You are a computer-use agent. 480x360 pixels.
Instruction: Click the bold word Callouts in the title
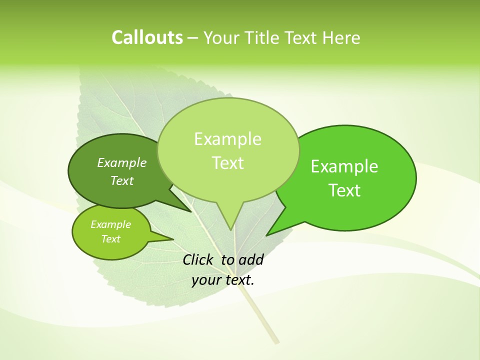(147, 37)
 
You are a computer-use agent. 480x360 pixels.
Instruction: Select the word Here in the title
(341, 37)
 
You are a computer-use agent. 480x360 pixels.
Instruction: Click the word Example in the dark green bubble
(122, 163)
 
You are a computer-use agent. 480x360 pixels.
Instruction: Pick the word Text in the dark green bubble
(122, 181)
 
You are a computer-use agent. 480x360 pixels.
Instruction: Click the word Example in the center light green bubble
(227, 139)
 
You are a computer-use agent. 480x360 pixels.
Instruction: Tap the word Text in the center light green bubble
(227, 163)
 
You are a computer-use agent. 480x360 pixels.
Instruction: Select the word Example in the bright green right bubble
(344, 166)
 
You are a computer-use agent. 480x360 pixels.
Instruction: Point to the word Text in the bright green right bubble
(344, 190)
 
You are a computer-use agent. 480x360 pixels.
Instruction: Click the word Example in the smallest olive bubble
(110, 224)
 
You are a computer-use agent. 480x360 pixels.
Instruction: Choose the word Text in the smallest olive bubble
(110, 239)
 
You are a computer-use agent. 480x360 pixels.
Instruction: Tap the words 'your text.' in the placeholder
(223, 280)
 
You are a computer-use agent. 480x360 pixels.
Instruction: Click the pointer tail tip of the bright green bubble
(267, 235)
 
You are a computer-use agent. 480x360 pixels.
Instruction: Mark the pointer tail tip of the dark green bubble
(191, 211)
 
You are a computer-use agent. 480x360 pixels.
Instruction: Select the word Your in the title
(220, 37)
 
